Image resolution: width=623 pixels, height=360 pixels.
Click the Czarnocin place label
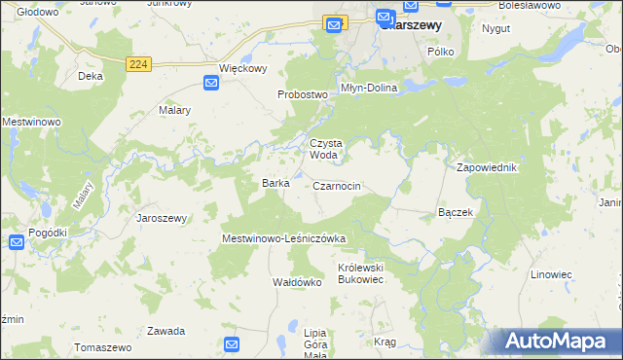click(x=338, y=185)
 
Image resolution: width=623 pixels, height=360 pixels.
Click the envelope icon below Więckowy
click(x=211, y=85)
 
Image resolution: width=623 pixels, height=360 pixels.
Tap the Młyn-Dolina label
click(x=368, y=87)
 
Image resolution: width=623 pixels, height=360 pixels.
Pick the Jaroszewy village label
click(x=162, y=218)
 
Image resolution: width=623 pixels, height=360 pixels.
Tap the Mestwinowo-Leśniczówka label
click(x=284, y=237)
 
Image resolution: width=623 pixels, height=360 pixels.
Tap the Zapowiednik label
click(x=487, y=167)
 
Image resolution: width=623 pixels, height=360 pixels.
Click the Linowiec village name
click(x=551, y=274)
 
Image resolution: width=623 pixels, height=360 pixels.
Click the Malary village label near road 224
click(x=174, y=111)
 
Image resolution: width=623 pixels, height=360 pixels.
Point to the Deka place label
click(x=91, y=75)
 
